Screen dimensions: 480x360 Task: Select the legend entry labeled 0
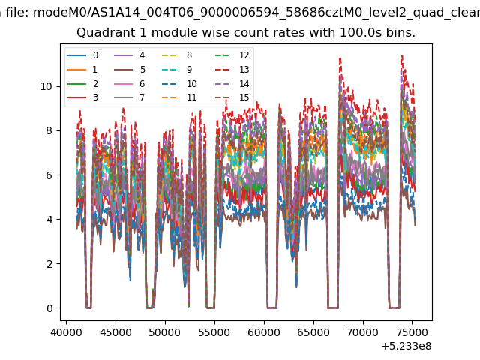coord(82,55)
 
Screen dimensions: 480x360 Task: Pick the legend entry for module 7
coord(130,97)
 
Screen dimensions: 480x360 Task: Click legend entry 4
coord(130,55)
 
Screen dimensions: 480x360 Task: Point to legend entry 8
coord(177,55)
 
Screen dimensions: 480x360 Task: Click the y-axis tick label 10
coord(46,87)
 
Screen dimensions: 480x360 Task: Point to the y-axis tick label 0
coord(49,308)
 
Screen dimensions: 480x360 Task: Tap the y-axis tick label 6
coord(49,175)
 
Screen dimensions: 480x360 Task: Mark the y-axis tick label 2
coord(49,264)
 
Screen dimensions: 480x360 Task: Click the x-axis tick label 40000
coord(67,332)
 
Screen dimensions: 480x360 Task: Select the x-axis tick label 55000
coord(214,332)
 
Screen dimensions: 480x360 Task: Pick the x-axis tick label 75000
coord(412,332)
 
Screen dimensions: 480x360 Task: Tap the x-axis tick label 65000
coord(313,332)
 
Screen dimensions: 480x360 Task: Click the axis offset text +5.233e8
coord(406,346)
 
